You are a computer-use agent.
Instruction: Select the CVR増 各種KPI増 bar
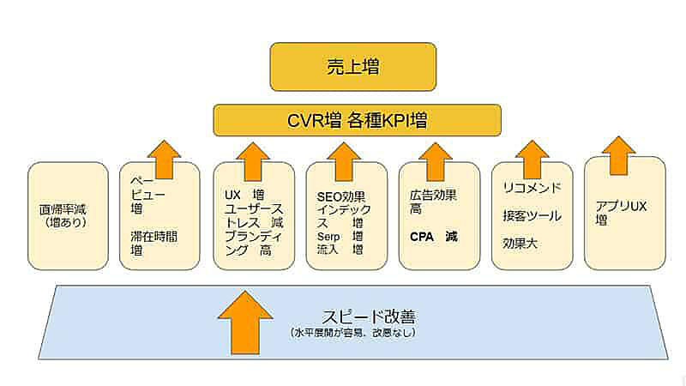pos(357,120)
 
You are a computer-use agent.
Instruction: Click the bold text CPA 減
pos(433,236)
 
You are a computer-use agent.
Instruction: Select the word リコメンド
pos(532,188)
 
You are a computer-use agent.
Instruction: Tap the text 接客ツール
pos(532,215)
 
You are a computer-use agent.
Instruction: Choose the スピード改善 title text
pos(352,314)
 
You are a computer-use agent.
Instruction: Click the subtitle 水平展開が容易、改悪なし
pos(352,332)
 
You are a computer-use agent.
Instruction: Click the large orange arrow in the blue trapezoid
pos(246,323)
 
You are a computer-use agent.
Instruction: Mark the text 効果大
pos(520,243)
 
